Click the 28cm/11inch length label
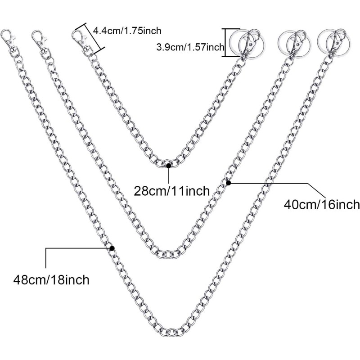(x=172, y=191)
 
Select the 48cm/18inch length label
(x=51, y=279)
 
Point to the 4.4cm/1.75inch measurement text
(x=126, y=31)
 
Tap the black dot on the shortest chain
(x=168, y=166)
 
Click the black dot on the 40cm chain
(x=228, y=183)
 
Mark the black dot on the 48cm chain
(x=112, y=248)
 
